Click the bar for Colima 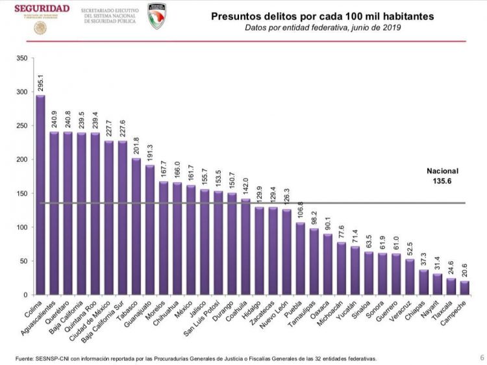coord(40,195)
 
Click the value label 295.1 coord(40,81)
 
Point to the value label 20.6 coord(464,268)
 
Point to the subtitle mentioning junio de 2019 coord(323,28)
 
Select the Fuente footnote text coord(195,358)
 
